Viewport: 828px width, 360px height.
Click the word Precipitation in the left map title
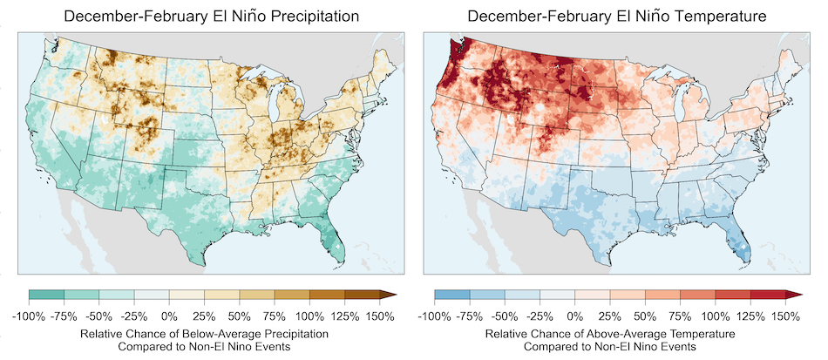(x=309, y=17)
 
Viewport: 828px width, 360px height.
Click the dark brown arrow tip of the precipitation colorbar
(x=390, y=296)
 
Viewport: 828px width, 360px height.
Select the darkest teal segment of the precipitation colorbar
(x=46, y=296)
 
